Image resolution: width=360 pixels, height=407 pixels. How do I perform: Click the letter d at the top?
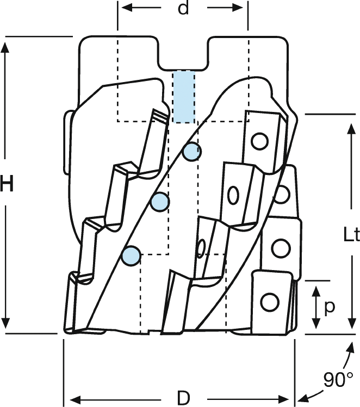point(183,9)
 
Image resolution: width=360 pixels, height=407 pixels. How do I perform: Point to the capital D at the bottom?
point(184,398)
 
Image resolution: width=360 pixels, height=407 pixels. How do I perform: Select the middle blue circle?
point(160,202)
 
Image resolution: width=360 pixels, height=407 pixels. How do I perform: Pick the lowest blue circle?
point(131,255)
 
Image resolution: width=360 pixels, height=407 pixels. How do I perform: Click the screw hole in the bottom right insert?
point(269,301)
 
